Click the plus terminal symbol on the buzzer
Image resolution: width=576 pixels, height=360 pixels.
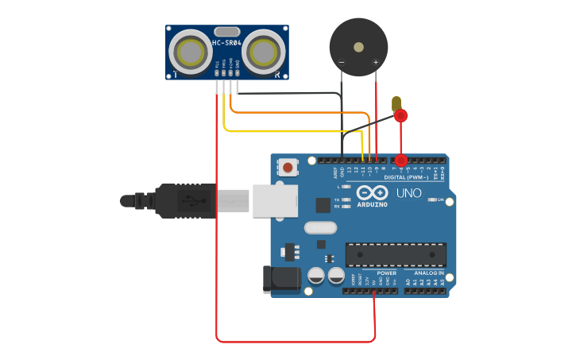376,61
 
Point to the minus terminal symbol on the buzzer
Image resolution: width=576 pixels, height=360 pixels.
342,61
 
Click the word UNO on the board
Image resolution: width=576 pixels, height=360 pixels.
409,193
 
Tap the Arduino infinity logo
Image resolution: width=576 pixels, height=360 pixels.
372,192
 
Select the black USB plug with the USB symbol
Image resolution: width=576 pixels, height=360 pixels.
186,201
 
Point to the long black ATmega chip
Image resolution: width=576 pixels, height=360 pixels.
395,254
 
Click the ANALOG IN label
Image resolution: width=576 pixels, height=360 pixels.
429,273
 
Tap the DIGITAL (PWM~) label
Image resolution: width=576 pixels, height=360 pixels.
406,177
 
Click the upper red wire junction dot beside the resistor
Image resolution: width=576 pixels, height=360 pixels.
400,116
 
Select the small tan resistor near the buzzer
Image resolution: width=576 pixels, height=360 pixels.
396,103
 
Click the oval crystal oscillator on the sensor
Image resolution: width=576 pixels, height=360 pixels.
226,33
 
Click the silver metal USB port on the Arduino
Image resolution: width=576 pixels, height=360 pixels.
275,200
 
